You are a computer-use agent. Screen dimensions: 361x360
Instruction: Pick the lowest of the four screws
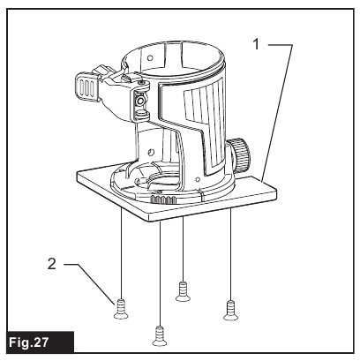(160, 333)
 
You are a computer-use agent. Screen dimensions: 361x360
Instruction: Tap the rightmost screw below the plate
(231, 307)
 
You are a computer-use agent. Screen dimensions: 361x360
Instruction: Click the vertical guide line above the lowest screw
(160, 274)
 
